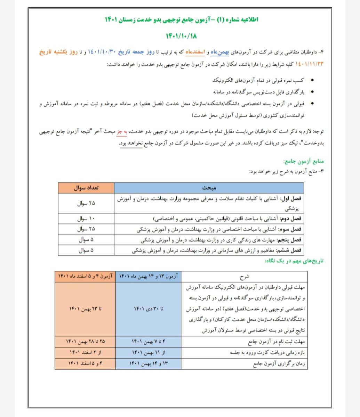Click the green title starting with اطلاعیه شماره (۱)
(179, 19)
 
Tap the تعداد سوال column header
(86, 188)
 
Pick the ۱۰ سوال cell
(86, 219)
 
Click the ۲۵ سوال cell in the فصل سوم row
(86, 229)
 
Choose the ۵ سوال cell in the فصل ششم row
(86, 250)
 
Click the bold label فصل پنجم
(290, 240)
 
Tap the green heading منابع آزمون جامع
(304, 161)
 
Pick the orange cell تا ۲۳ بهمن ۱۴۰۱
(85, 309)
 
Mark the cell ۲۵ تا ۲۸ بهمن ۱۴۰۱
(85, 342)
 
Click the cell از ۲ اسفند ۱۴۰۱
(85, 353)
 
